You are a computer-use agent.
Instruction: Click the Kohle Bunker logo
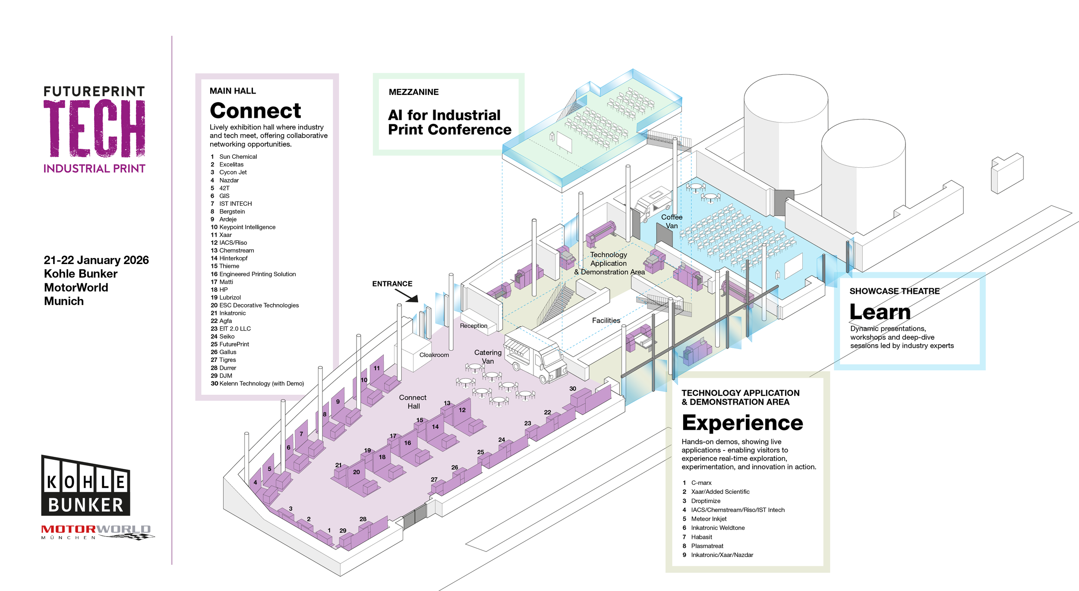pyautogui.click(x=85, y=486)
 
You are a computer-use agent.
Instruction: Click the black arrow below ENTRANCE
pyautogui.click(x=407, y=295)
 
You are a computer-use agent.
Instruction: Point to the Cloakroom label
pyautogui.click(x=434, y=355)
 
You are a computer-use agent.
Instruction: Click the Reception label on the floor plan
pyautogui.click(x=473, y=326)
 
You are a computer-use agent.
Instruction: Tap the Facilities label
pyautogui.click(x=606, y=321)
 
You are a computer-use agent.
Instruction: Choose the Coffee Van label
pyautogui.click(x=672, y=221)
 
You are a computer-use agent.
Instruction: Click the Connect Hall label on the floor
pyautogui.click(x=413, y=402)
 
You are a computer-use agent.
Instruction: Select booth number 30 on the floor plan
pyautogui.click(x=573, y=389)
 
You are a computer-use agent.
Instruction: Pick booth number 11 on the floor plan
pyautogui.click(x=377, y=368)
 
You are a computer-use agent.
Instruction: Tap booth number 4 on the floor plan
pyautogui.click(x=255, y=482)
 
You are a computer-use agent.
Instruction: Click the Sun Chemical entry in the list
pyautogui.click(x=238, y=157)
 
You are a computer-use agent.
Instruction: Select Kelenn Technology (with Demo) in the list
pyautogui.click(x=261, y=384)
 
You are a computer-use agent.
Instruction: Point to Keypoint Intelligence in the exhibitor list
pyautogui.click(x=247, y=227)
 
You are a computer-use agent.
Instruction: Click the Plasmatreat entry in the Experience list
pyautogui.click(x=707, y=546)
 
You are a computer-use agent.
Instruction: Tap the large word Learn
pyautogui.click(x=880, y=312)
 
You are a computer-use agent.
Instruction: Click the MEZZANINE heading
pyautogui.click(x=413, y=92)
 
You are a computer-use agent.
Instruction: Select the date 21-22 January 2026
pyautogui.click(x=96, y=260)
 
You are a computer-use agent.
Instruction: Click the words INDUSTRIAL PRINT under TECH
pyautogui.click(x=94, y=169)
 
